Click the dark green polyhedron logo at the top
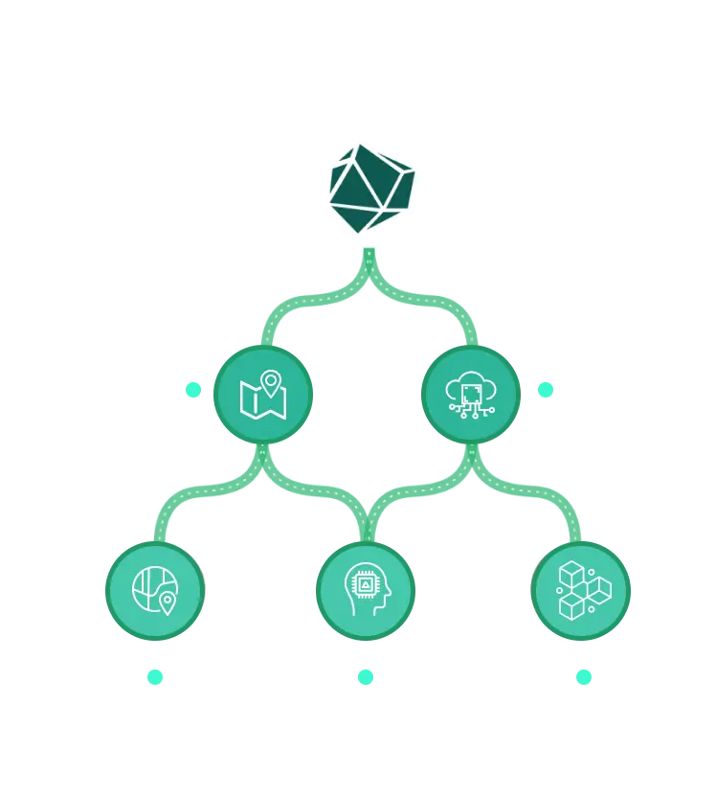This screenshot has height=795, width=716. click(x=370, y=188)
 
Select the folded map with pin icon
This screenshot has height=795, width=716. click(x=262, y=394)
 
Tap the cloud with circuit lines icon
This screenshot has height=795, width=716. click(x=471, y=394)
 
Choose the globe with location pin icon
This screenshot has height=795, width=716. click(x=155, y=590)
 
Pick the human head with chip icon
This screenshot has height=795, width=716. click(x=365, y=590)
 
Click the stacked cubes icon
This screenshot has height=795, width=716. click(x=581, y=590)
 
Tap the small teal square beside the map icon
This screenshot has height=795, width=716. click(x=193, y=389)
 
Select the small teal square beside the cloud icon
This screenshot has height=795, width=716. click(x=546, y=389)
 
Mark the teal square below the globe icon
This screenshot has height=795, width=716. click(x=155, y=677)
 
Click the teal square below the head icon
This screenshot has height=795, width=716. click(x=365, y=677)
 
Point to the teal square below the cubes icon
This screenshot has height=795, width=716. click(x=583, y=677)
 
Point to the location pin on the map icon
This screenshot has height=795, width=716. click(x=271, y=382)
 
